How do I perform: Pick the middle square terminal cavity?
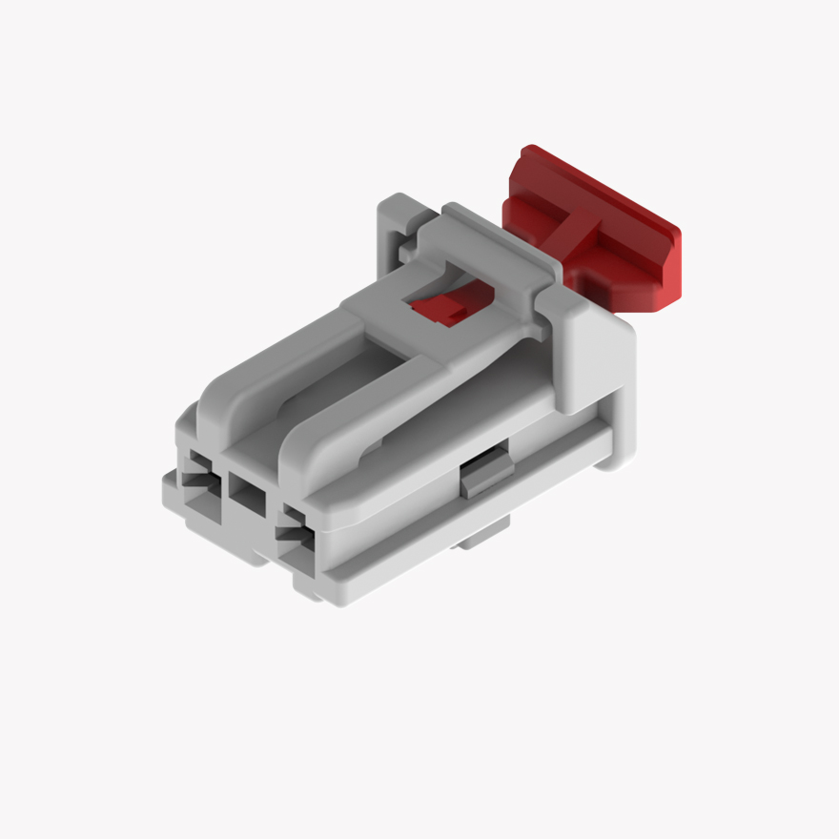point(247,496)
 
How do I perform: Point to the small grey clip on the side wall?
point(484,474)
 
